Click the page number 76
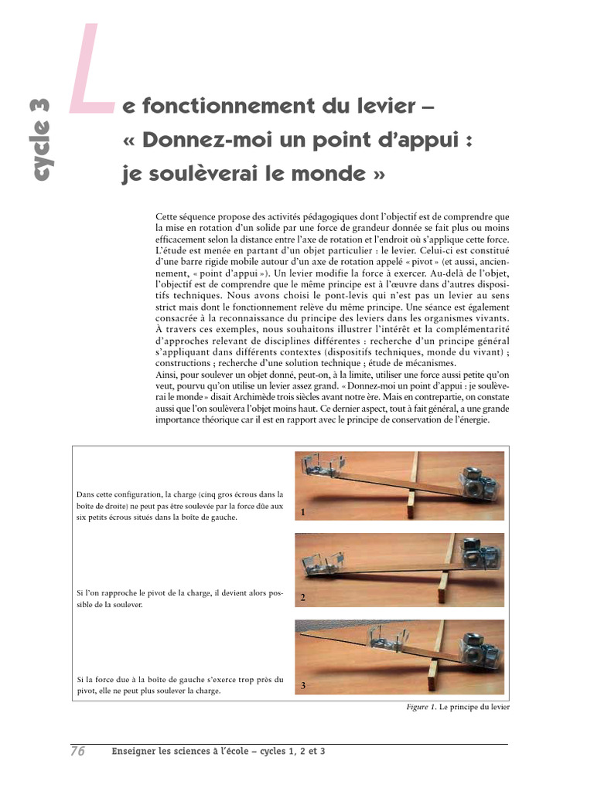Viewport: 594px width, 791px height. pyautogui.click(x=78, y=751)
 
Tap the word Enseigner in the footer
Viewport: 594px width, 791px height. pyautogui.click(x=133, y=751)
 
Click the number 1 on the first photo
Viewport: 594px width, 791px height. pyautogui.click(x=303, y=512)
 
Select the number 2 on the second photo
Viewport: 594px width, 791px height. pyautogui.click(x=303, y=597)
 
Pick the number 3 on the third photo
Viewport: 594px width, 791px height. pyautogui.click(x=303, y=685)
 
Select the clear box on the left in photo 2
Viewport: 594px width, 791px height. pyautogui.click(x=323, y=563)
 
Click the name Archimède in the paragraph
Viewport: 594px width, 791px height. pyautogui.click(x=254, y=397)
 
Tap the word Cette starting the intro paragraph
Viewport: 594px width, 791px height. pyautogui.click(x=166, y=217)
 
